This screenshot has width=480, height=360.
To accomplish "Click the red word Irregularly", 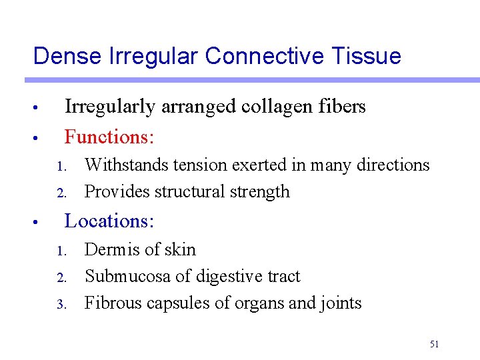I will [x=109, y=107].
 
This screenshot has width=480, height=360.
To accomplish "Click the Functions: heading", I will [x=109, y=137].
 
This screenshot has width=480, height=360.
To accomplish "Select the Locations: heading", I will [x=109, y=221].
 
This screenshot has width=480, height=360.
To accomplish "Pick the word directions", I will [x=393, y=165].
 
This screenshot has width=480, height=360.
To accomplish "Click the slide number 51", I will [x=434, y=344].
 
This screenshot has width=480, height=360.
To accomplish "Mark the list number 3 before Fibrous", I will [x=59, y=305].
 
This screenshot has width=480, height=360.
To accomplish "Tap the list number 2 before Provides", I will [x=59, y=193].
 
